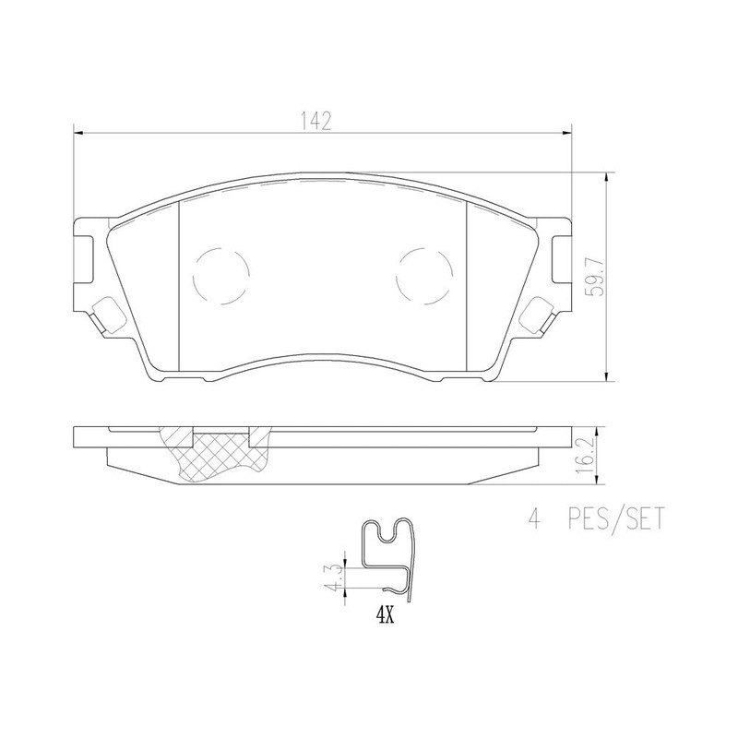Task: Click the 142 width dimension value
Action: (315, 121)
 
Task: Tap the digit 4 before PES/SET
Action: (532, 522)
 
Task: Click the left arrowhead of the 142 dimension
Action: (77, 133)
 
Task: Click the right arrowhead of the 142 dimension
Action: (567, 133)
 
